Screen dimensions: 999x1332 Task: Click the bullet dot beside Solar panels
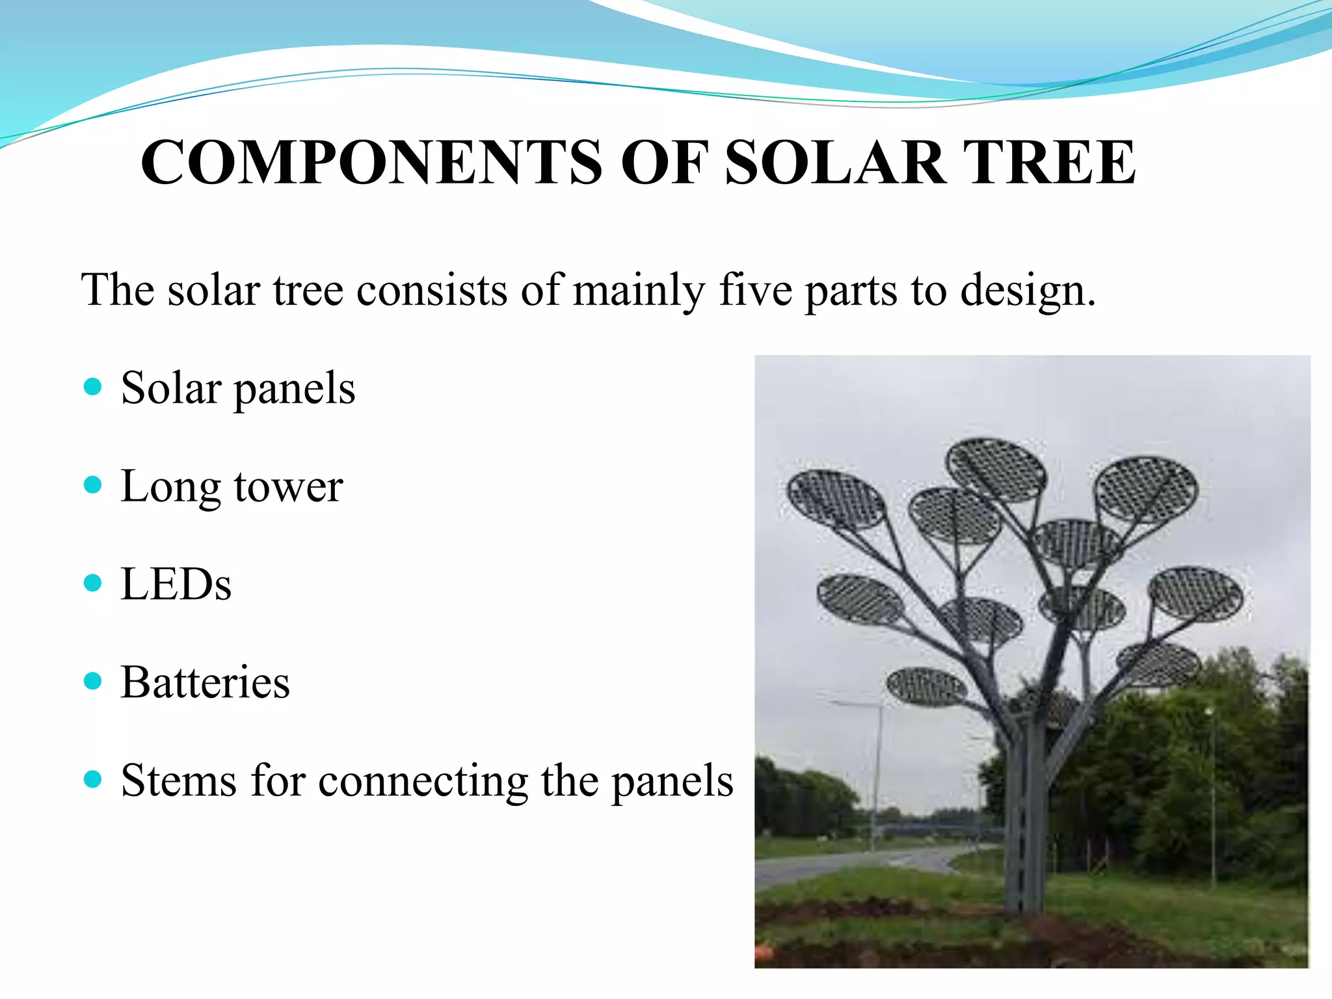pyautogui.click(x=93, y=388)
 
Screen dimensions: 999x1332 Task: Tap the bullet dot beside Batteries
pyautogui.click(x=93, y=682)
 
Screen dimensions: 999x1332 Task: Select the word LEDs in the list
pyautogui.click(x=176, y=584)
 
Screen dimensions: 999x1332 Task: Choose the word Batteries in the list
pyautogui.click(x=205, y=682)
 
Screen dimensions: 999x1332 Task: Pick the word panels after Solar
pyautogui.click(x=294, y=390)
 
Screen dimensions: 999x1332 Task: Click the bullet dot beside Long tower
pyautogui.click(x=93, y=485)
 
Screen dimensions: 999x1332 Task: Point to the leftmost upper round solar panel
pyautogui.click(x=836, y=499)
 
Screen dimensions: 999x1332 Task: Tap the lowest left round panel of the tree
pyautogui.click(x=927, y=687)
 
